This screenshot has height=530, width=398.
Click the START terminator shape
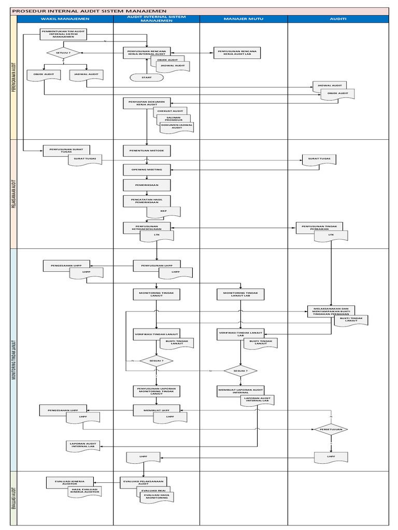coord(147,77)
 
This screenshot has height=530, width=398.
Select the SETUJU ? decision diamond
coord(63,53)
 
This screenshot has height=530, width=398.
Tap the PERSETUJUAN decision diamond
coord(330,429)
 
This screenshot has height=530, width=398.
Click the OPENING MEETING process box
coord(147,169)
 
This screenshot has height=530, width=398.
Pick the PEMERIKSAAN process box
coord(147,185)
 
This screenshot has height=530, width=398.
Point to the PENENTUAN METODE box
coord(147,151)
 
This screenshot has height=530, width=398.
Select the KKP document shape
coord(163,211)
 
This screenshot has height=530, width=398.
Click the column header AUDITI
coord(338,19)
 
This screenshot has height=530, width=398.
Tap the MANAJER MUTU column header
coord(244,19)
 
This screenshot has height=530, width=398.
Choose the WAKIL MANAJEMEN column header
coord(65,19)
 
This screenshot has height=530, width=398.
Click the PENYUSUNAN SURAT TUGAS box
coord(63,150)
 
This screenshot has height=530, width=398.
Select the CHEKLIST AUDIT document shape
coord(170,111)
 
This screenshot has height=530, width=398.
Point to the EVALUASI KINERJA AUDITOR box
coord(68,481)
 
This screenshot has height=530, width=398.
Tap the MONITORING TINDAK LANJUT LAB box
coord(240,295)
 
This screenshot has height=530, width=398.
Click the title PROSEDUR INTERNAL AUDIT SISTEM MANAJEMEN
coord(89,10)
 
